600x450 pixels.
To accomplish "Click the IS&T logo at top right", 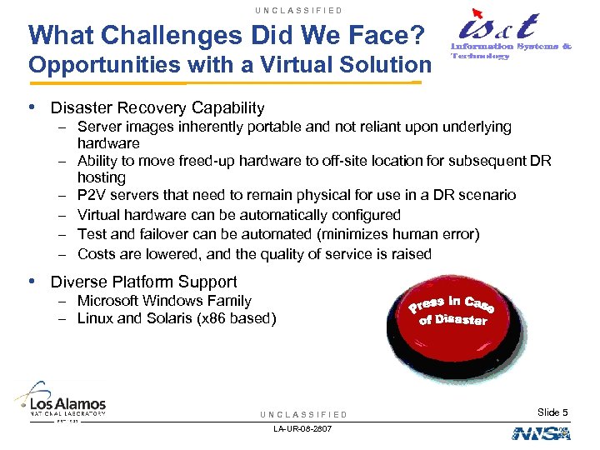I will [x=500, y=36].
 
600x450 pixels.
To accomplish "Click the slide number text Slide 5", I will [x=552, y=412].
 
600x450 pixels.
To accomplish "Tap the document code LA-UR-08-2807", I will [x=302, y=428].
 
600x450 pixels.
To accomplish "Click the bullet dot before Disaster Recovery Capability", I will [x=32, y=107].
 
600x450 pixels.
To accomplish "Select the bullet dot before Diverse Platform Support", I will [x=32, y=282].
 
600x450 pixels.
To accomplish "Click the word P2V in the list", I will [x=90, y=195].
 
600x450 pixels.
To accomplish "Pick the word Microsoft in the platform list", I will [x=109, y=301].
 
